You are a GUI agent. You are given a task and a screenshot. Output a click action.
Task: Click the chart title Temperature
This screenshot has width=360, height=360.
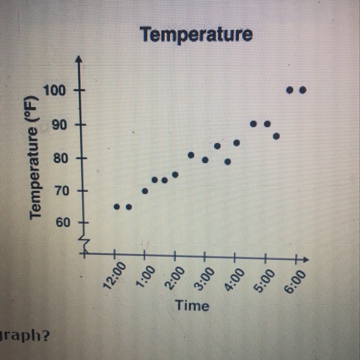click(x=196, y=35)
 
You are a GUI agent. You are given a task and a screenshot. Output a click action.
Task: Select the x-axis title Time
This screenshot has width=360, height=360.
click(x=192, y=305)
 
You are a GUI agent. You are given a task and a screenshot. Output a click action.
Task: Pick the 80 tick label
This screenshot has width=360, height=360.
click(x=59, y=157)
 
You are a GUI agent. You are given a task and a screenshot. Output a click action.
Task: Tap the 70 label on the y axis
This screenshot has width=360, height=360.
click(x=59, y=191)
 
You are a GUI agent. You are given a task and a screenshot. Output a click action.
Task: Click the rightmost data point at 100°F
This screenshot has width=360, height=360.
click(x=302, y=90)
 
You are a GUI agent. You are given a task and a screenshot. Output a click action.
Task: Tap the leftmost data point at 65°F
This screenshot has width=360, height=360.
click(x=117, y=207)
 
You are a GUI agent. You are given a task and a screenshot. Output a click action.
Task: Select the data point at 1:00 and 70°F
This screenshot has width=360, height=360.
click(x=145, y=191)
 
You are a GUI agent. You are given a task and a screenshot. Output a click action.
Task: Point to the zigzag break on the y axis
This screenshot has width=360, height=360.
click(x=84, y=243)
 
